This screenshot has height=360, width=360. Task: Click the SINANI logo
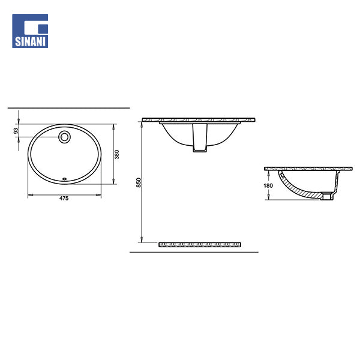[x=30, y=31]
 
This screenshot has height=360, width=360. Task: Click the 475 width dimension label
[x=64, y=199]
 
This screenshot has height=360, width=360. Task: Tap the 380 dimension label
[x=116, y=154]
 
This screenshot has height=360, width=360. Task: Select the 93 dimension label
[x=16, y=131]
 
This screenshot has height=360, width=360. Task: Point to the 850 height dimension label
[x=139, y=182]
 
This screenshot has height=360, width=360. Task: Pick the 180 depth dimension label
[x=268, y=185]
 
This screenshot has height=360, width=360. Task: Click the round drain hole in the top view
[x=65, y=137]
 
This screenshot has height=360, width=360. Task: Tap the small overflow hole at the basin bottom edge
[x=65, y=179]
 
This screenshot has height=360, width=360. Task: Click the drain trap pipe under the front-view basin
[x=200, y=137]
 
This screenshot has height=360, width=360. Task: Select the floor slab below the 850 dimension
[x=200, y=245]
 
